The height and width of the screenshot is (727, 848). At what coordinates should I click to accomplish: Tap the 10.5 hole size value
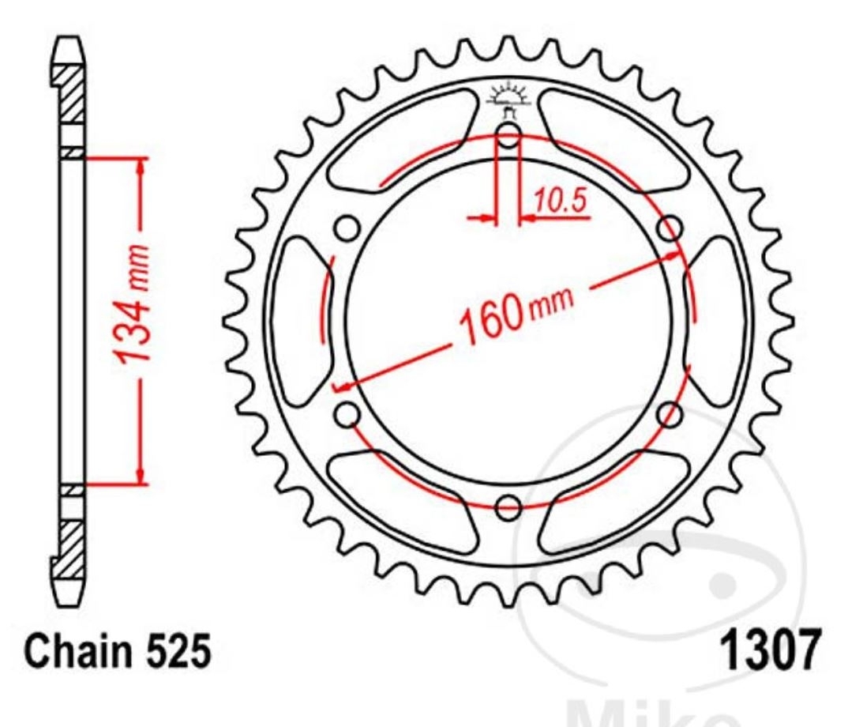560,202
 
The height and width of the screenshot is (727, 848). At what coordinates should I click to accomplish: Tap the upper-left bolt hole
347,229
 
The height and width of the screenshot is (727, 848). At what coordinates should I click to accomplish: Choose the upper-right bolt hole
670,229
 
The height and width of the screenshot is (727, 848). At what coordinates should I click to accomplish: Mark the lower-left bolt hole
347,413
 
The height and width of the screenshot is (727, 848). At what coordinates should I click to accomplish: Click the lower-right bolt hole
670,413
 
